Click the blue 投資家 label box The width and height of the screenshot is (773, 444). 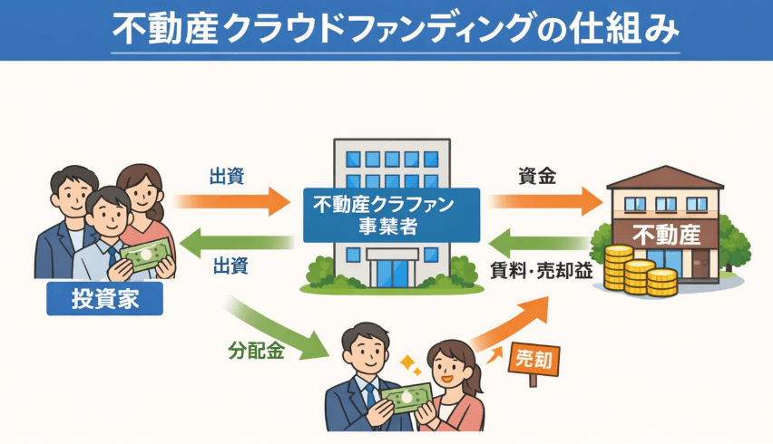pyautogui.click(x=104, y=298)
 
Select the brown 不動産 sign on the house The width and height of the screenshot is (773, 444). pyautogui.click(x=666, y=235)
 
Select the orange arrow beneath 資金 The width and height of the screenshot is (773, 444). pyautogui.click(x=544, y=200)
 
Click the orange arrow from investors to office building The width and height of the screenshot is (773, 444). pyautogui.click(x=231, y=200)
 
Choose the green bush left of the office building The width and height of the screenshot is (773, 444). pyautogui.click(x=321, y=270)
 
